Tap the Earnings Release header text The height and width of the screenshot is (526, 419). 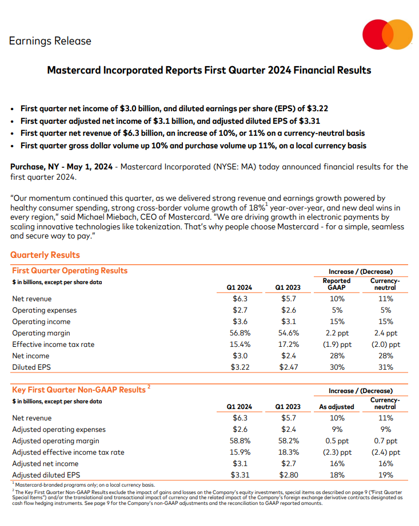50,41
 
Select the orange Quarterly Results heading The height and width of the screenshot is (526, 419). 45,255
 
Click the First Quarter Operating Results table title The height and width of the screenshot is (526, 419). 70,270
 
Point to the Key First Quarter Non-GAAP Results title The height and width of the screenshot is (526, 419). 79,390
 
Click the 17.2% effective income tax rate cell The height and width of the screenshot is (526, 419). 288,345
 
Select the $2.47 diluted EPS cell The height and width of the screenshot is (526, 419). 288,367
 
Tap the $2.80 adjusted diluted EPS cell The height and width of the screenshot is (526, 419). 288,475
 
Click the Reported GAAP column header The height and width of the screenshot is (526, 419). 337,284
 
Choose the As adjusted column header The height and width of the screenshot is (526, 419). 337,407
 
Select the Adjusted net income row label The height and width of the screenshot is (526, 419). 45,463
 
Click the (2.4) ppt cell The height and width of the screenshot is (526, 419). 385,452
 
